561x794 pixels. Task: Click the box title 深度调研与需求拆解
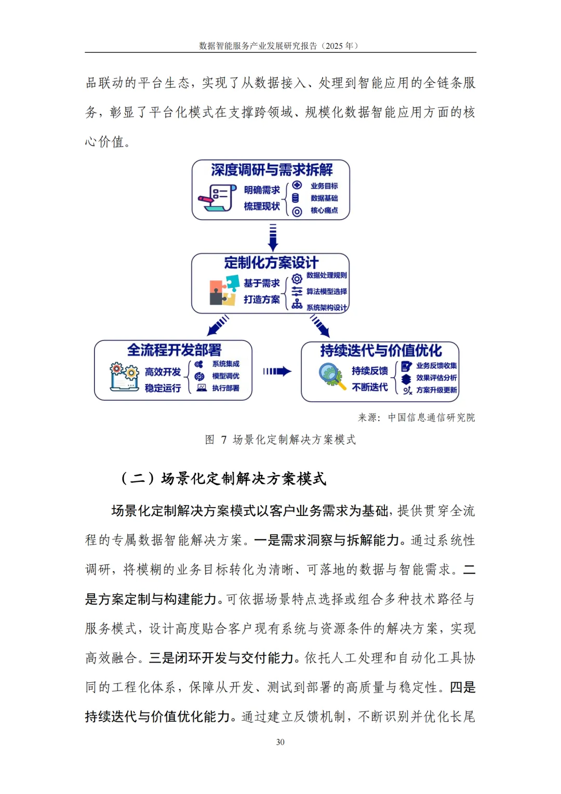(x=272, y=170)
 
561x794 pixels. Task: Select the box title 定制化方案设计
(x=271, y=262)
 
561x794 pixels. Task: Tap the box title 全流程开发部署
(x=175, y=350)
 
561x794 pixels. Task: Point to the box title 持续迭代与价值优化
(x=381, y=351)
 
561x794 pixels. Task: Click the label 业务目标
(x=324, y=186)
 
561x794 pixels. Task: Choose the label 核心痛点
(x=324, y=210)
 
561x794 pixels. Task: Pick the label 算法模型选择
(x=327, y=292)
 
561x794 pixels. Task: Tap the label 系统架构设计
(x=327, y=308)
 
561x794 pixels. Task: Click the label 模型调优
(x=226, y=376)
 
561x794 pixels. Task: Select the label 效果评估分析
(x=436, y=378)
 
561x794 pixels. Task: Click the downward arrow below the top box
(x=273, y=237)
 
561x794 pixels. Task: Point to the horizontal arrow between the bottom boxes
(x=277, y=371)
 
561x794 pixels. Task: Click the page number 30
(x=280, y=742)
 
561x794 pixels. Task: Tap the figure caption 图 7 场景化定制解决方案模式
(x=280, y=440)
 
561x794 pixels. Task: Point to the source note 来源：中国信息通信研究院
(x=416, y=417)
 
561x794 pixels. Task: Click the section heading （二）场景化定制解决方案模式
(x=223, y=478)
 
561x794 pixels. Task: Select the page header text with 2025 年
(x=279, y=46)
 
